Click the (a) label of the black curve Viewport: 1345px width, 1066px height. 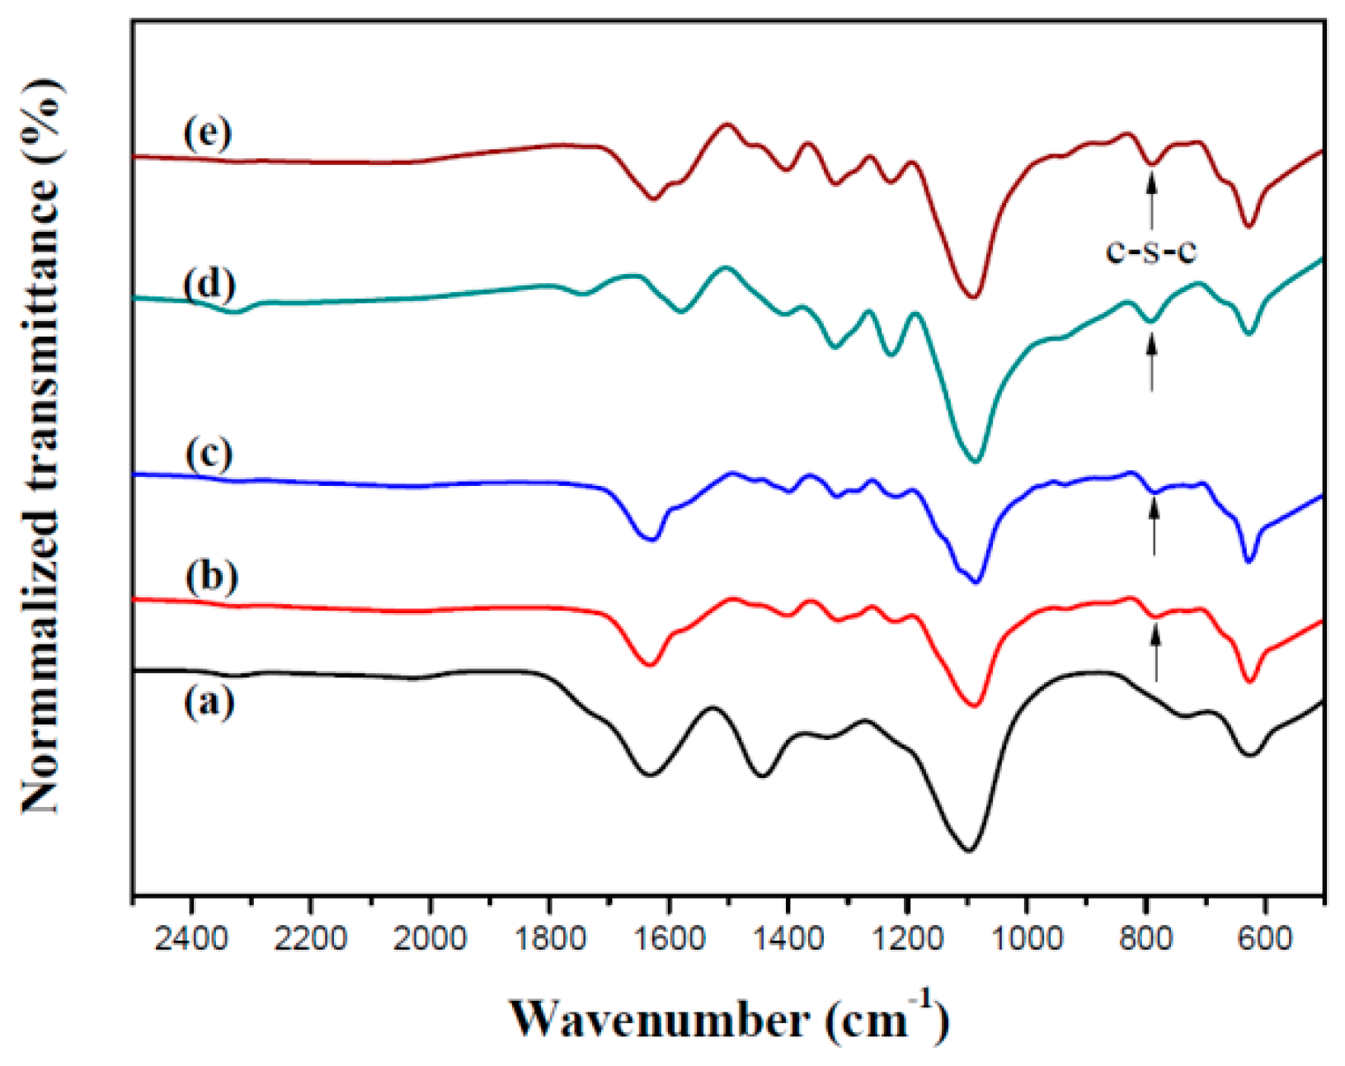pos(209,704)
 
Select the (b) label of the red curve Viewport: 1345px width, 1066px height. pos(212,576)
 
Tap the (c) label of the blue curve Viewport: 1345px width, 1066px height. pos(209,454)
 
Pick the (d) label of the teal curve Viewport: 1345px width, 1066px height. pos(210,284)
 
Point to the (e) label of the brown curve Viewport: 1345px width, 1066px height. pos(208,133)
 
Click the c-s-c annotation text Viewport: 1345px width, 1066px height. pos(1150,250)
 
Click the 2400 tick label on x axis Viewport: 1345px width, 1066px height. pos(191,938)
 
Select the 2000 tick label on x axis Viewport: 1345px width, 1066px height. pos(430,938)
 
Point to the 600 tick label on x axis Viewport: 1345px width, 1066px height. pos(1264,938)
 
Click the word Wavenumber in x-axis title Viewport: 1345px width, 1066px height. pos(658,1020)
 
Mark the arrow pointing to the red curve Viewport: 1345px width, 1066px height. pos(1156,653)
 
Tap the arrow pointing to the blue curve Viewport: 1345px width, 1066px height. pos(1154,527)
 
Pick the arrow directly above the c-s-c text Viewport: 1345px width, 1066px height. pos(1151,198)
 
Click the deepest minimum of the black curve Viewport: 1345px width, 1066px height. pos(968,850)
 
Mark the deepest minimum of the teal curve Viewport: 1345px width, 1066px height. pos(975,460)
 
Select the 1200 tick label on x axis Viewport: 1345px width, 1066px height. pos(907,938)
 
